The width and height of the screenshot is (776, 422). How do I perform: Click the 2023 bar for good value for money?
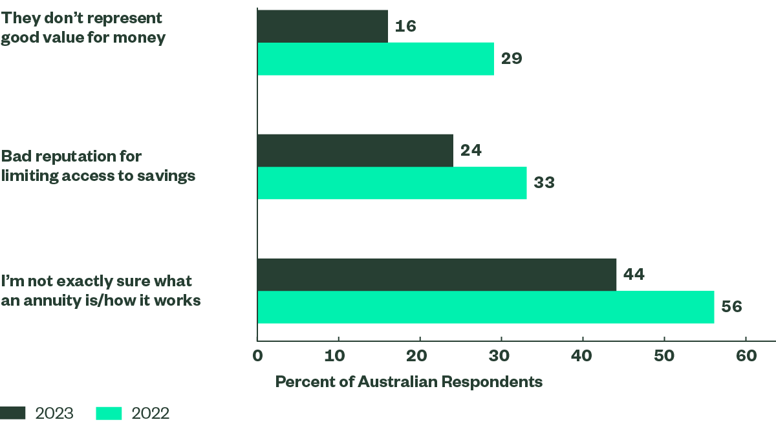click(322, 26)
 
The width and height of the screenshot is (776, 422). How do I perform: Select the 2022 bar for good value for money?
click(375, 59)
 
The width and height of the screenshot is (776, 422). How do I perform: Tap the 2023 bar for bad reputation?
click(355, 150)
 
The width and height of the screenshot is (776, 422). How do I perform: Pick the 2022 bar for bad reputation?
click(392, 183)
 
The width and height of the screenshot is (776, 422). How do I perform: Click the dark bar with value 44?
click(436, 275)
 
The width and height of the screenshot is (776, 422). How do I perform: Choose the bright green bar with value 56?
click(486, 308)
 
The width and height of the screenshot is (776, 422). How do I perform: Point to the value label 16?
click(405, 26)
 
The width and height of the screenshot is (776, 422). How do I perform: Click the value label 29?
click(512, 59)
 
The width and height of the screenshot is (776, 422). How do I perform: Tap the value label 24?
click(471, 151)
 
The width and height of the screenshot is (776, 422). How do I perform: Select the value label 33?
click(544, 183)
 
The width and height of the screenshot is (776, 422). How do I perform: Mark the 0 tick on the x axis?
click(257, 357)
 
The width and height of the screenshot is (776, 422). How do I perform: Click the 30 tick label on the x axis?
click(501, 357)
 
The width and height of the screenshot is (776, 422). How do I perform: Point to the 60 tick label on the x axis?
click(746, 357)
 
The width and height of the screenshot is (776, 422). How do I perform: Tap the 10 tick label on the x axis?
click(338, 357)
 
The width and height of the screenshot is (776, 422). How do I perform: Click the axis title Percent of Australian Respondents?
click(409, 382)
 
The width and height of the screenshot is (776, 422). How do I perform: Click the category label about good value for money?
click(83, 28)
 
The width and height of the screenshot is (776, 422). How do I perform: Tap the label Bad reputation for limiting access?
click(98, 166)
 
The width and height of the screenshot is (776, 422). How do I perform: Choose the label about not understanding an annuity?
click(100, 291)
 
